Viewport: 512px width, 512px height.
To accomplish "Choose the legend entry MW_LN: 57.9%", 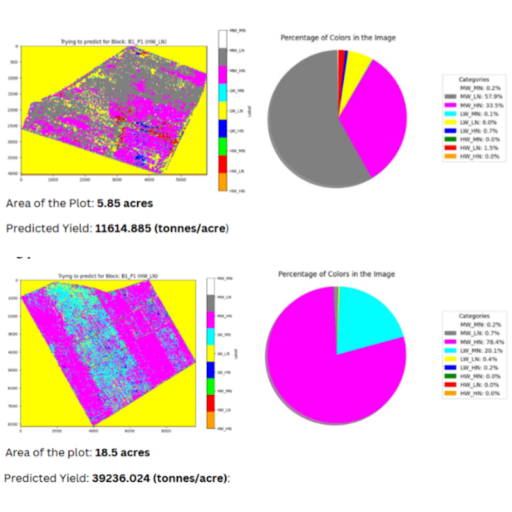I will (476, 96).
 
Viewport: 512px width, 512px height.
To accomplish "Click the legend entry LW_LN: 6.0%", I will (476, 121).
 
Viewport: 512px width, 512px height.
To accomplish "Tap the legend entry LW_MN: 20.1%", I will (476, 350).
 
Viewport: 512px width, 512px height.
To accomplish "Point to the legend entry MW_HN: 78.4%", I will (476, 342).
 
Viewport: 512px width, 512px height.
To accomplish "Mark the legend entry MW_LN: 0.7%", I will (476, 333).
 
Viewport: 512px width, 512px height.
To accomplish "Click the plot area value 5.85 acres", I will (124, 204).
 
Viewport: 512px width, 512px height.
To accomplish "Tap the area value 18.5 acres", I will (122, 452).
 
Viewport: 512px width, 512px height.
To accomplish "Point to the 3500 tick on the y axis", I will (14, 157).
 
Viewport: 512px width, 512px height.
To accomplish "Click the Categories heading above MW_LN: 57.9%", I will (474, 79).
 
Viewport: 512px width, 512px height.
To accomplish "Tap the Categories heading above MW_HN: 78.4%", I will (474, 316).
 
